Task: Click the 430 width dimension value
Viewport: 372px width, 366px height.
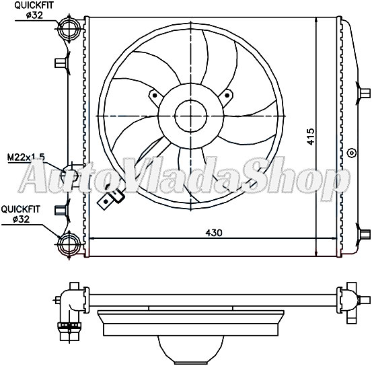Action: point(214,232)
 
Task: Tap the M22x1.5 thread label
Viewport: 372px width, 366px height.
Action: point(26,157)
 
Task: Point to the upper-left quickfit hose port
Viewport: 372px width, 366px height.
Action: point(69,28)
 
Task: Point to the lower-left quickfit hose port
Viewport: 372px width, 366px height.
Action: point(69,242)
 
